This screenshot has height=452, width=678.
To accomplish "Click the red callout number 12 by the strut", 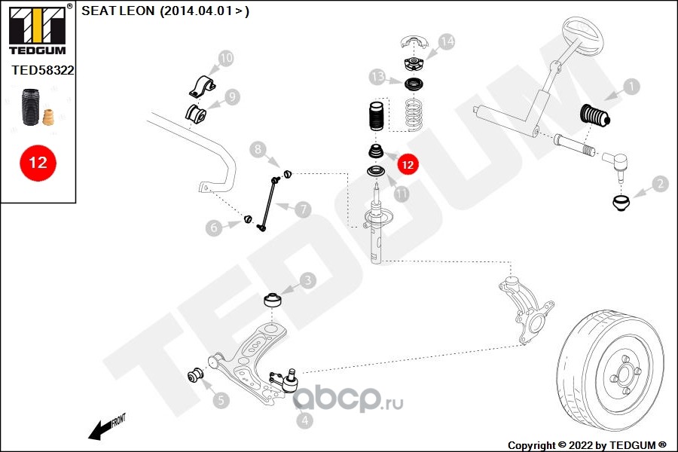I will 407,163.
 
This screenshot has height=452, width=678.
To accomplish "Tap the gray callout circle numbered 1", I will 630,87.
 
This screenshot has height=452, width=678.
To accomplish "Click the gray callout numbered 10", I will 225,57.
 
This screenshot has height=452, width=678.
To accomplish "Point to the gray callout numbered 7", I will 302,209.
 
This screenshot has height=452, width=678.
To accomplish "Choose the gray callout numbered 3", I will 307,281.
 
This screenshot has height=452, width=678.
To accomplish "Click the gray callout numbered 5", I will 221,401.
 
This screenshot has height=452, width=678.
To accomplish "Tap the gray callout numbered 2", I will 659,183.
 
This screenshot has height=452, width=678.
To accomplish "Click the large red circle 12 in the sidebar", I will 38,162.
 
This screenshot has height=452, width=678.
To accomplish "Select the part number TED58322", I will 42,69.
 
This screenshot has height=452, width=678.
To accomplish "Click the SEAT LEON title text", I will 165,11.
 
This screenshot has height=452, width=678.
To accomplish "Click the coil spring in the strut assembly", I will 411,113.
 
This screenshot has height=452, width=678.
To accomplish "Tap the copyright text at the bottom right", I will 587,444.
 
